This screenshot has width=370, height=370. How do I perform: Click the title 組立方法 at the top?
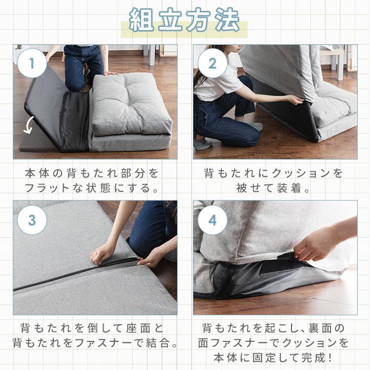[x=185, y=20]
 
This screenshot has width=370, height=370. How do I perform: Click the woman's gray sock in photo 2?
[x=202, y=144]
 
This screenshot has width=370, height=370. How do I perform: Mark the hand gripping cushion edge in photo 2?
[x=295, y=100]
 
